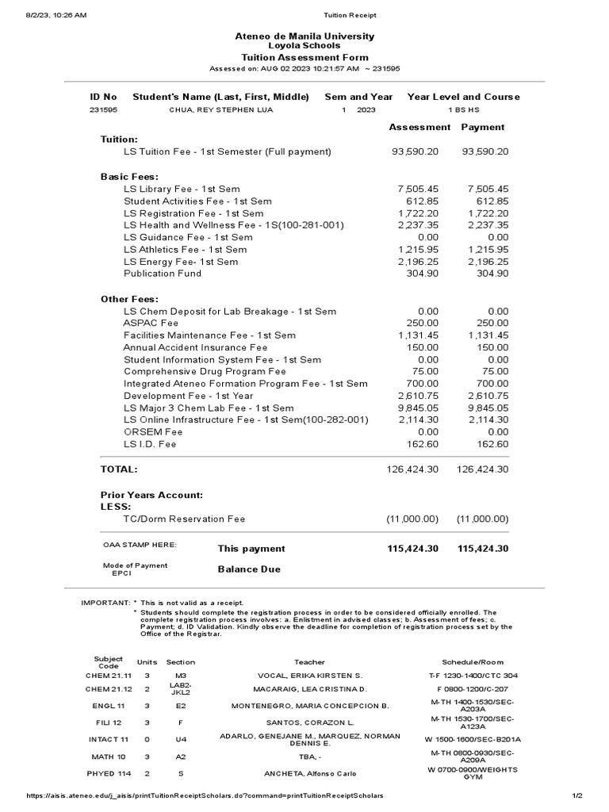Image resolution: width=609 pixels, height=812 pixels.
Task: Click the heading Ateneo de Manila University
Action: tap(304, 36)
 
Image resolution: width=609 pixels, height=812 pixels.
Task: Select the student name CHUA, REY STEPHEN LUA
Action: tap(220, 110)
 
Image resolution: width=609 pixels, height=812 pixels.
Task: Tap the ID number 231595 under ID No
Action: tap(103, 110)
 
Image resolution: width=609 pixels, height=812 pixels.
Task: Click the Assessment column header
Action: tap(419, 127)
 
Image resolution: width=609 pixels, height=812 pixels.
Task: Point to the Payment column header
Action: tap(482, 127)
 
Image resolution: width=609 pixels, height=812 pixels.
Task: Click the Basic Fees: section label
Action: tap(129, 176)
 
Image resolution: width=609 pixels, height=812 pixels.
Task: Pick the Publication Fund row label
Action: tap(163, 274)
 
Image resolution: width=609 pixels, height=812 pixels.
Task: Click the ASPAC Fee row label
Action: tap(151, 324)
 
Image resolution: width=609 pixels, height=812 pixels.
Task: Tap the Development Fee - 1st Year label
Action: tap(188, 396)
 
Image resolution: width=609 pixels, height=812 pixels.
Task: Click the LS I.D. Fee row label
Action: tap(150, 444)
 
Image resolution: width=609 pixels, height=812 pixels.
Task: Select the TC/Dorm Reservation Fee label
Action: tap(184, 519)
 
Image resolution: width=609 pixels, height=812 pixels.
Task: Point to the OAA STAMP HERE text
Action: tap(140, 545)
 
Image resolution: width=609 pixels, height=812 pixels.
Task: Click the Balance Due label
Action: tap(249, 569)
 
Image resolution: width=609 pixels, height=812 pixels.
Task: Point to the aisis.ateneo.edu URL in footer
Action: tap(205, 795)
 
